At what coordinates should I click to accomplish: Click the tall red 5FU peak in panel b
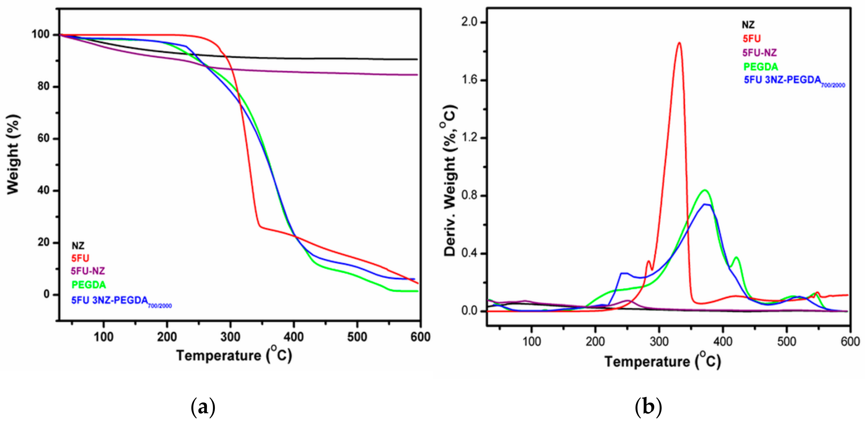point(679,44)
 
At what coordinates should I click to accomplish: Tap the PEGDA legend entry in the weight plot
point(89,285)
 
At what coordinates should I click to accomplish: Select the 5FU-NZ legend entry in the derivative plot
point(759,53)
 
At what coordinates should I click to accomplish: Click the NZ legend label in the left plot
point(78,246)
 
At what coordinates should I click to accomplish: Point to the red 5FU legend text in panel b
point(751,39)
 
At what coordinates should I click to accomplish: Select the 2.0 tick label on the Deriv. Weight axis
point(469,22)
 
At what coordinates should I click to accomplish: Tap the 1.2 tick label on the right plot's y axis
point(469,138)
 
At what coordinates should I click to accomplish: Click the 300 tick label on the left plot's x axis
point(230,337)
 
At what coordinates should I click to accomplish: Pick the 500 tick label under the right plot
point(787,341)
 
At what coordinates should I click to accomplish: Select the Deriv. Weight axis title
point(450,181)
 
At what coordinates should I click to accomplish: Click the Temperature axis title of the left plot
point(234,355)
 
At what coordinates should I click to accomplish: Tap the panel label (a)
point(203,407)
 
